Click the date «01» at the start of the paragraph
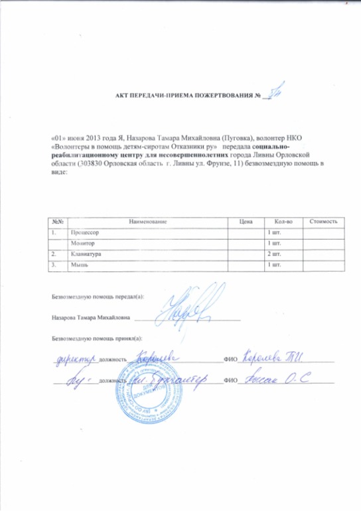pyautogui.click(x=58, y=132)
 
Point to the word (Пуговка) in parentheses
pyautogui.click(x=229, y=132)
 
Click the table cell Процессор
pyautogui.click(x=83, y=233)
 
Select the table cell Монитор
pyautogui.click(x=80, y=244)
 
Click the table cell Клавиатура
pyautogui.click(x=86, y=254)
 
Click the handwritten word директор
pyautogui.click(x=74, y=359)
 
